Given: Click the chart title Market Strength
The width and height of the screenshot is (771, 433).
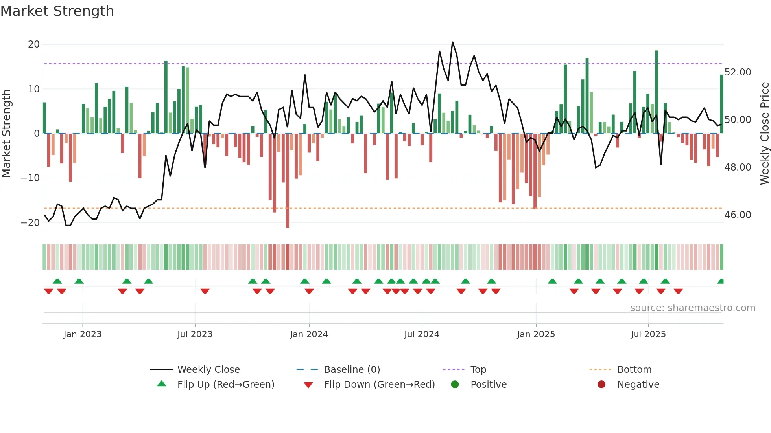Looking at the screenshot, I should (57, 11).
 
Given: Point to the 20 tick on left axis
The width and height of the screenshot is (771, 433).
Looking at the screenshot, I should (34, 44).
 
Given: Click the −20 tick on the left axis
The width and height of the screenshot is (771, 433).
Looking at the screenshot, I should (30, 222).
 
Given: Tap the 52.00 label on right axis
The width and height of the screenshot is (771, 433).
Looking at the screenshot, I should (738, 72).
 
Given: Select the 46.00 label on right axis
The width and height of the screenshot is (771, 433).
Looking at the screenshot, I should (738, 215).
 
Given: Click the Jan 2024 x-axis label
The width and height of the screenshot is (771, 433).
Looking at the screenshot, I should (309, 334).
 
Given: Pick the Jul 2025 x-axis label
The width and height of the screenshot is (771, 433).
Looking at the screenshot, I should (648, 334).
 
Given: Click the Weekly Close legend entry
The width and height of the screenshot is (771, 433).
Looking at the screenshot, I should (208, 370).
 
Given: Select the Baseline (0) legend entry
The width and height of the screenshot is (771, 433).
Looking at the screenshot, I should (352, 370).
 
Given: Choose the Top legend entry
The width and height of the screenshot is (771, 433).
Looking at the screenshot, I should (478, 370).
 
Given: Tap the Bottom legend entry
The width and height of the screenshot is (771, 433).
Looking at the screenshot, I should (634, 370).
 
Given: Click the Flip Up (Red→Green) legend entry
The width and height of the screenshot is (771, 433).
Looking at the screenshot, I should (225, 385).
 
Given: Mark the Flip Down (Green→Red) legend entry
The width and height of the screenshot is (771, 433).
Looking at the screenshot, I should (379, 385).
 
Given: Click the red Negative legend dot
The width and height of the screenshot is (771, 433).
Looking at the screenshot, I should (601, 385).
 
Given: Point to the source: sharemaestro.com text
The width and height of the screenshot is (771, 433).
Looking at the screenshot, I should (692, 308).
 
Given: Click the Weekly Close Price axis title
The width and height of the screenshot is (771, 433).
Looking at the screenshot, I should (764, 134).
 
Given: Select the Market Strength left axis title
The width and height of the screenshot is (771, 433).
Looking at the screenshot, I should (6, 134).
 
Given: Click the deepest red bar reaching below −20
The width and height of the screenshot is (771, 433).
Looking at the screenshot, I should (288, 181).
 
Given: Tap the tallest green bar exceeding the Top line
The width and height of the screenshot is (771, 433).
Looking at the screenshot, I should (657, 92).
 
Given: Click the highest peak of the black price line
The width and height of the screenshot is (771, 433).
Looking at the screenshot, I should (452, 42).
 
